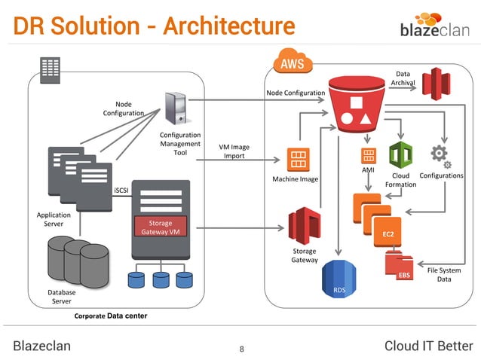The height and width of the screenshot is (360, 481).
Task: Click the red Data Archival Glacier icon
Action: tap(436, 84)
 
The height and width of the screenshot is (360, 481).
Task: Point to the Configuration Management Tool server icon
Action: tap(176, 108)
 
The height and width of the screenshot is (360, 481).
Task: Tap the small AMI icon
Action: tap(368, 156)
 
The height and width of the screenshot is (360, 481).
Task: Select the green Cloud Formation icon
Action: tap(400, 157)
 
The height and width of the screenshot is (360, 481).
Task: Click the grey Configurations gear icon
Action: tap(440, 156)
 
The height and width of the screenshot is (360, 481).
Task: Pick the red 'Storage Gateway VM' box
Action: tap(160, 227)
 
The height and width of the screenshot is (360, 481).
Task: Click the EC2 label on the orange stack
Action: tap(388, 234)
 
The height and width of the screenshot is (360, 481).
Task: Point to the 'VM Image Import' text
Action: tap(234, 151)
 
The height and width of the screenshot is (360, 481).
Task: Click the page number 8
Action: tap(241, 348)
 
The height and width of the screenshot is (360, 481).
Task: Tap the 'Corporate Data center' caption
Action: tap(110, 316)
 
